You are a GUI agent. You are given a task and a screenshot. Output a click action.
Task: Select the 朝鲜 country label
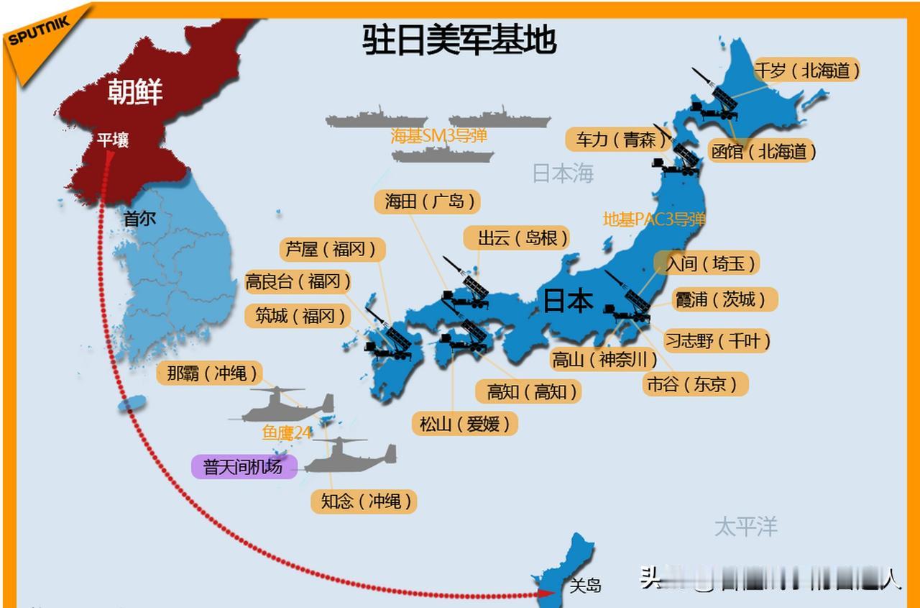[x=135, y=91]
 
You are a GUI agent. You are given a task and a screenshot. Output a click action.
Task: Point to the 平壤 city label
[x=113, y=140]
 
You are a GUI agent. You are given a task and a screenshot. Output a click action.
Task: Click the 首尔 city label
[x=139, y=218]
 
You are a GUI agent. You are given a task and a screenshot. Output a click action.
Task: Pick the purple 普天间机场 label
[x=243, y=466]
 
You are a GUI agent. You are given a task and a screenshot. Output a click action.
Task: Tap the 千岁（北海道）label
[x=806, y=71]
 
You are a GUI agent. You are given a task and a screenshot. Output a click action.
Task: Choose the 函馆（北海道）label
[x=763, y=151]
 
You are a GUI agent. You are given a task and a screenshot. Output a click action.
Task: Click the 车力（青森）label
[x=616, y=139]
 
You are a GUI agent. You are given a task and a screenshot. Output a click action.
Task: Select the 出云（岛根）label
[x=516, y=238]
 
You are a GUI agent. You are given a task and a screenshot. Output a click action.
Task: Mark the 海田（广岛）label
[x=427, y=201]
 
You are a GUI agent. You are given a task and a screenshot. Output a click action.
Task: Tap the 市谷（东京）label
[x=695, y=384]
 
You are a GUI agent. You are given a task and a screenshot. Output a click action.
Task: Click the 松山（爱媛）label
[x=464, y=424]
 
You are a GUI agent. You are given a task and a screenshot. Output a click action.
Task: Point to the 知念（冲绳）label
[x=364, y=501]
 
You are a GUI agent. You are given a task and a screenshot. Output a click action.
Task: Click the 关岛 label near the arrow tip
[x=585, y=585]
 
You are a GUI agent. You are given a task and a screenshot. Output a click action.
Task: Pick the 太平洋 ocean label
[x=746, y=526]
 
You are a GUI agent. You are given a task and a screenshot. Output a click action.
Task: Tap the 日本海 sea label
[x=563, y=173]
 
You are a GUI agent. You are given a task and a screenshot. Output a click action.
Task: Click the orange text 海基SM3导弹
[x=438, y=136]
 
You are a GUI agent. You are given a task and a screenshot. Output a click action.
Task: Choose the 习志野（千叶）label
[x=717, y=340]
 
